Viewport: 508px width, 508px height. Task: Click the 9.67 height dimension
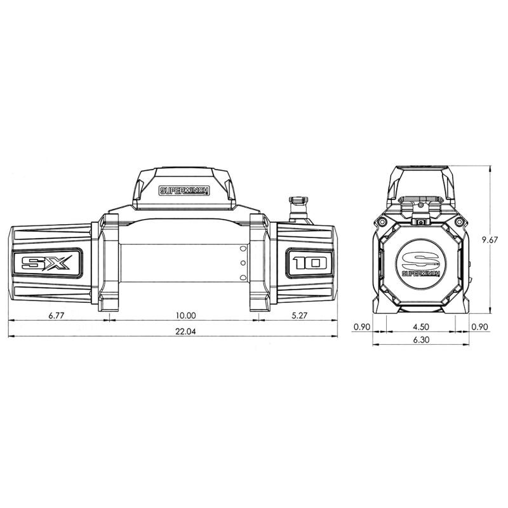click(x=491, y=239)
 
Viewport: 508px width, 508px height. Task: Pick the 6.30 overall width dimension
click(x=420, y=340)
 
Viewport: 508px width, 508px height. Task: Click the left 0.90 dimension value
click(x=361, y=327)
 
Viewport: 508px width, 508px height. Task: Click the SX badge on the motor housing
click(x=46, y=263)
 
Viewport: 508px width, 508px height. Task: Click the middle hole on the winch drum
click(x=242, y=263)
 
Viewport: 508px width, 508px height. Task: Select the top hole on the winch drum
click(x=242, y=249)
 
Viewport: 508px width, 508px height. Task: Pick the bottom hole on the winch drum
click(x=242, y=277)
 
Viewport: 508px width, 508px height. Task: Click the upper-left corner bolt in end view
click(x=383, y=222)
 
